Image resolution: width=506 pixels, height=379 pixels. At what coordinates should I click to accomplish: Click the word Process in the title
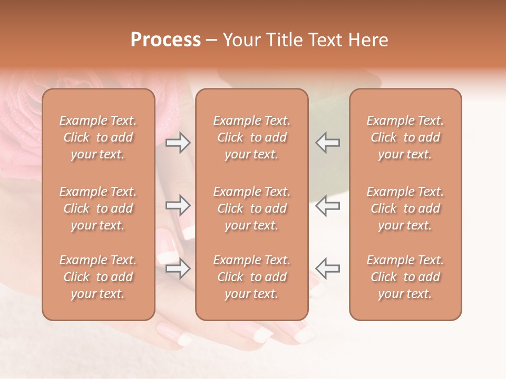pyautogui.click(x=166, y=40)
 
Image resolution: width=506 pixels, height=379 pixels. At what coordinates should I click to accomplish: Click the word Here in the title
pyautogui.click(x=369, y=40)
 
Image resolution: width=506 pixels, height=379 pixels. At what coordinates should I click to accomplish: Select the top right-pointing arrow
pyautogui.click(x=178, y=142)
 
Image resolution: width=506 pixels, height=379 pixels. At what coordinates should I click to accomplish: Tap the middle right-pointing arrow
pyautogui.click(x=178, y=205)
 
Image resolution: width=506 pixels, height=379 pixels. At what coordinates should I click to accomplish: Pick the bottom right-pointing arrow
pyautogui.click(x=178, y=269)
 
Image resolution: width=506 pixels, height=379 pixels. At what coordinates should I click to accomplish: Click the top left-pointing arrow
pyautogui.click(x=328, y=142)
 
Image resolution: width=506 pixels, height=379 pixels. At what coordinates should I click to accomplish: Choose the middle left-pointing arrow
pyautogui.click(x=328, y=205)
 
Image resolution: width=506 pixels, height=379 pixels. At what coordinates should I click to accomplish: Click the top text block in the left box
pyautogui.click(x=98, y=137)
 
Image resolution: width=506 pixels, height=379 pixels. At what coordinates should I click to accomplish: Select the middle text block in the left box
pyautogui.click(x=98, y=208)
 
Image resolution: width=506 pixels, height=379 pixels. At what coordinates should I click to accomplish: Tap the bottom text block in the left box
pyautogui.click(x=98, y=277)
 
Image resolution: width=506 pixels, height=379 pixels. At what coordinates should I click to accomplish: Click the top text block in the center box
pyautogui.click(x=252, y=137)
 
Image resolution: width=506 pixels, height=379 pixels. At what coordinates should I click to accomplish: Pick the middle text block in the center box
pyautogui.click(x=252, y=208)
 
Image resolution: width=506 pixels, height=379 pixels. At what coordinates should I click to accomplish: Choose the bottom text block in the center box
pyautogui.click(x=252, y=277)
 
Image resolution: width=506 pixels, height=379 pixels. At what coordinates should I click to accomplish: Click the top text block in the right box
pyautogui.click(x=405, y=137)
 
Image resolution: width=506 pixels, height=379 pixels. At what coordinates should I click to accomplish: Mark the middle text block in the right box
pyautogui.click(x=405, y=208)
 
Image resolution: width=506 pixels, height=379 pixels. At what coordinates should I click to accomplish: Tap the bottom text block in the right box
pyautogui.click(x=405, y=277)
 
